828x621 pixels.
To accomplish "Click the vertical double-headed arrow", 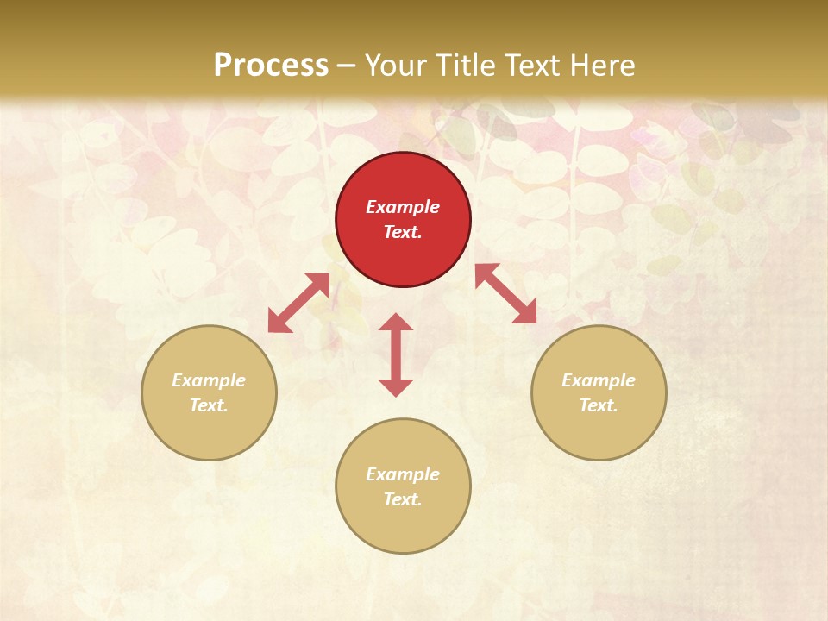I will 396,354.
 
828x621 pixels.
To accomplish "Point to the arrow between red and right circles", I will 505,293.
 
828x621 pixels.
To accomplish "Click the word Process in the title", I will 271,66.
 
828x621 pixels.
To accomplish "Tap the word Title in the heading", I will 467,66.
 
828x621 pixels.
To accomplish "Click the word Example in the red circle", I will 403,207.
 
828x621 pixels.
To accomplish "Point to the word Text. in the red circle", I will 403,232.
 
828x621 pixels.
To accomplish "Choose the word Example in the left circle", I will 209,380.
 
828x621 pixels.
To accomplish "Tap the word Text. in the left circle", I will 209,405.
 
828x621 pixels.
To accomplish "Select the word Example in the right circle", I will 599,380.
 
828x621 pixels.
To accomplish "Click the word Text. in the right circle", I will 599,405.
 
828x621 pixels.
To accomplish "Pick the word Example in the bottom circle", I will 403,474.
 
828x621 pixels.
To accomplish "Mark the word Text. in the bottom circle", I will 403,499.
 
